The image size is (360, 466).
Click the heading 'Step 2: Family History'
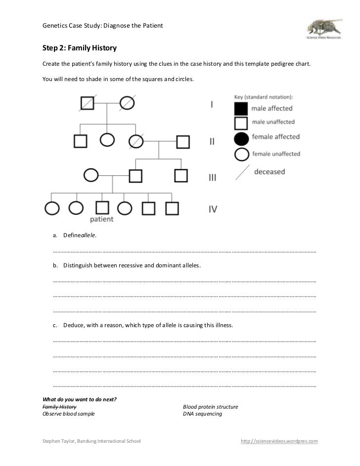click(x=79, y=48)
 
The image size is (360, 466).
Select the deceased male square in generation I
click(x=88, y=103)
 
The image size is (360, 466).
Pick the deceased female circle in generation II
click(x=136, y=142)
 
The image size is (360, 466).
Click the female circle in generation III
click(x=91, y=175)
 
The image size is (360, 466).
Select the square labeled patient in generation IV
click(x=102, y=208)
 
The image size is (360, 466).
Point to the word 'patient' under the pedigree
click(x=102, y=219)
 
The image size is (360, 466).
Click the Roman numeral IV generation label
click(x=213, y=209)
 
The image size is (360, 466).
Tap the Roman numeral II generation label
click(x=212, y=142)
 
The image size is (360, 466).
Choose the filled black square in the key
click(x=241, y=108)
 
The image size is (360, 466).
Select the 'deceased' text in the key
click(x=270, y=172)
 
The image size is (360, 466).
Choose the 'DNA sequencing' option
click(x=202, y=414)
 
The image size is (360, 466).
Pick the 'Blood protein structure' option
click(x=210, y=407)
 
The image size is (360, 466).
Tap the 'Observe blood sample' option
click(x=68, y=414)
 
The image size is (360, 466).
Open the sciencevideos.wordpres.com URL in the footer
click(x=279, y=441)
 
